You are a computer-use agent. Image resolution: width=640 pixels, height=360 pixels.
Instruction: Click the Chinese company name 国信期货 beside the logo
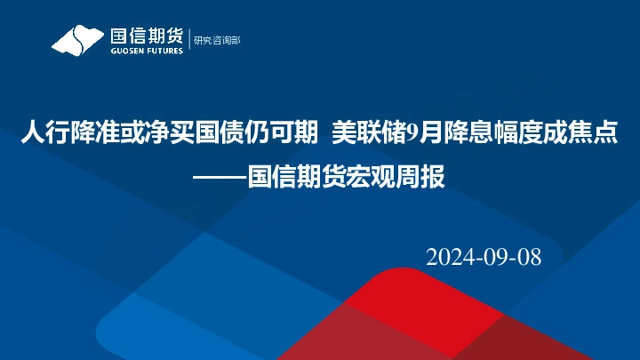pos(146,36)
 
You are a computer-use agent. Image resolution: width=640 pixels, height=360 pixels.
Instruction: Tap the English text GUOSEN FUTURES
pos(146,51)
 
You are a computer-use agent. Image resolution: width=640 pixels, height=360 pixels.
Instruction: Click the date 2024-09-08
pos(484,257)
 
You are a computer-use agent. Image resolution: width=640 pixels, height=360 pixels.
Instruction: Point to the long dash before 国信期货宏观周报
pos(220,176)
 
